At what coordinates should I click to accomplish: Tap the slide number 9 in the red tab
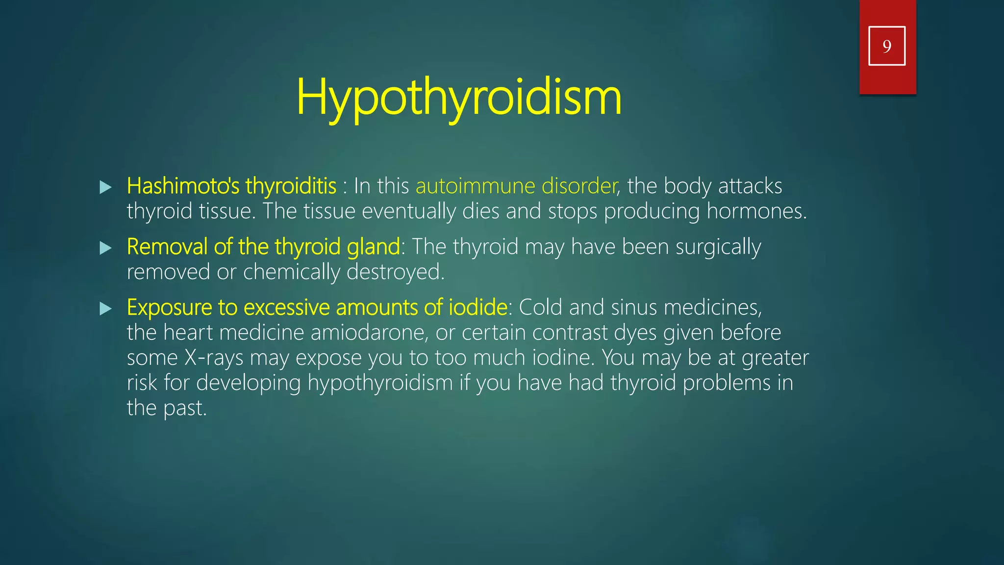[887, 47]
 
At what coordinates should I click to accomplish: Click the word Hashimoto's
[183, 186]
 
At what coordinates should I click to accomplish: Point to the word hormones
[756, 211]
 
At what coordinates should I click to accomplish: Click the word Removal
[167, 247]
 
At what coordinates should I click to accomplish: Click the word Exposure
[169, 308]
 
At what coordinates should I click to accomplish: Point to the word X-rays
[214, 358]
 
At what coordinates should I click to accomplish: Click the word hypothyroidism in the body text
[380, 383]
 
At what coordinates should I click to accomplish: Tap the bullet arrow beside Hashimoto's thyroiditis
[105, 187]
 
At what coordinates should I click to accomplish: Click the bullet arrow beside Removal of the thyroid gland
[105, 248]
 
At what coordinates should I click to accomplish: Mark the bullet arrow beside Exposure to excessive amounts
[105, 308]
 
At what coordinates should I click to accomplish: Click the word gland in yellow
[374, 247]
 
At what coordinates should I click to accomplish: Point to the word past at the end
[185, 408]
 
